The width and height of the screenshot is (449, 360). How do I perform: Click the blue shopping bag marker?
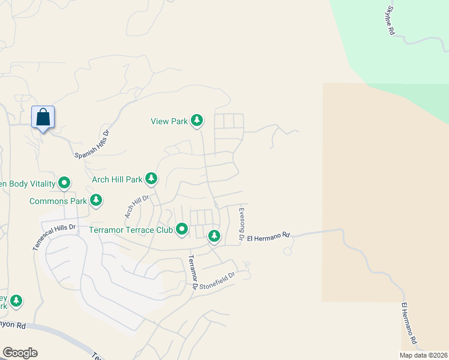(43, 117)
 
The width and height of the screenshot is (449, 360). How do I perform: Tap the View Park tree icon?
(197, 121)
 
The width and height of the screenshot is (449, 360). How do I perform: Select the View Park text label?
(169, 121)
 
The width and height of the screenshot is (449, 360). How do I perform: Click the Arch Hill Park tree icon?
(152, 179)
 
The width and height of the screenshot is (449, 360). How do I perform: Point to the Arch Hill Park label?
(117, 179)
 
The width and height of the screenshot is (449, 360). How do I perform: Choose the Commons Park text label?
(57, 201)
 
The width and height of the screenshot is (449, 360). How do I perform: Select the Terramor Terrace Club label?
(130, 229)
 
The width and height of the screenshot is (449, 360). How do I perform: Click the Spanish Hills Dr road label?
(92, 145)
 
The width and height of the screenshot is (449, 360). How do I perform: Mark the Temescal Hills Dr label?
(54, 238)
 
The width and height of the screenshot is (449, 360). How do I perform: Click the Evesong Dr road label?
(241, 224)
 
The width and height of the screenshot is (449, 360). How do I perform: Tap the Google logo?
(20, 353)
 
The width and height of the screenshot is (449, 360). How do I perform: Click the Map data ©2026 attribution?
(423, 355)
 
